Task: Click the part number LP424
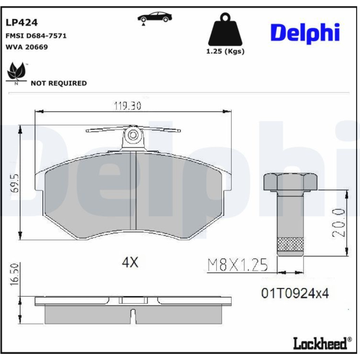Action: pos(21,22)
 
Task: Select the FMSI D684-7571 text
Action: pos(36,36)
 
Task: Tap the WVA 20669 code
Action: pos(27,47)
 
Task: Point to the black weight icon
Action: pos(225,30)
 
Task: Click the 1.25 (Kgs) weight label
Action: pos(225,51)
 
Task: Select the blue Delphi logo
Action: pos(305,33)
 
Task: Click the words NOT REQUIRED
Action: pos(59,83)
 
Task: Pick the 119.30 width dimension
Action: pos(127,106)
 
